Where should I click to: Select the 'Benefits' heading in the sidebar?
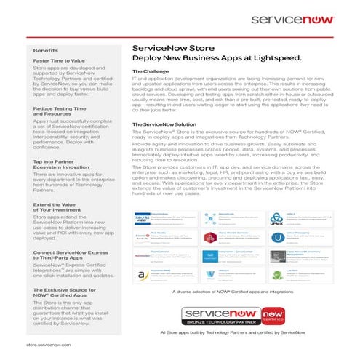[x=45, y=49]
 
